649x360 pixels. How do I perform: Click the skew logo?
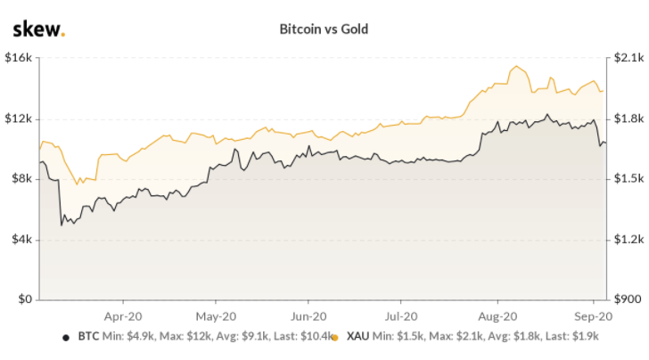(38, 29)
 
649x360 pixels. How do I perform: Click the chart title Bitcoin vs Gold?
(324, 29)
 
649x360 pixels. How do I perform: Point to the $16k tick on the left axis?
(19, 58)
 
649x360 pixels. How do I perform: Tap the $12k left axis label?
(19, 119)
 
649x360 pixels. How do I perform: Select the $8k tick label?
(21, 179)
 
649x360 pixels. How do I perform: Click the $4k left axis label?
(21, 240)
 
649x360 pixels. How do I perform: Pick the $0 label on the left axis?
(25, 300)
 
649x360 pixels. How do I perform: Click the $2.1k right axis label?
(624, 58)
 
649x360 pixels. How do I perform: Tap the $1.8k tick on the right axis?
(624, 119)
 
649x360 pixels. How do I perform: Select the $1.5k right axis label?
(624, 179)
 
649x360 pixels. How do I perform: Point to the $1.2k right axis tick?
(624, 240)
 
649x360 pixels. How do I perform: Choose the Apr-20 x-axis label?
(125, 315)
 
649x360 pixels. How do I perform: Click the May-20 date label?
(214, 315)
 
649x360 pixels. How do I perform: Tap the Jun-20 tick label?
(308, 315)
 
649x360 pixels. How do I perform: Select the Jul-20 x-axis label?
(400, 315)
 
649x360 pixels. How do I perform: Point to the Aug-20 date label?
(497, 315)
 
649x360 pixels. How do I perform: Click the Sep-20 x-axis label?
(590, 315)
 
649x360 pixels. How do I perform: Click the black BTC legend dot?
(65, 338)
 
